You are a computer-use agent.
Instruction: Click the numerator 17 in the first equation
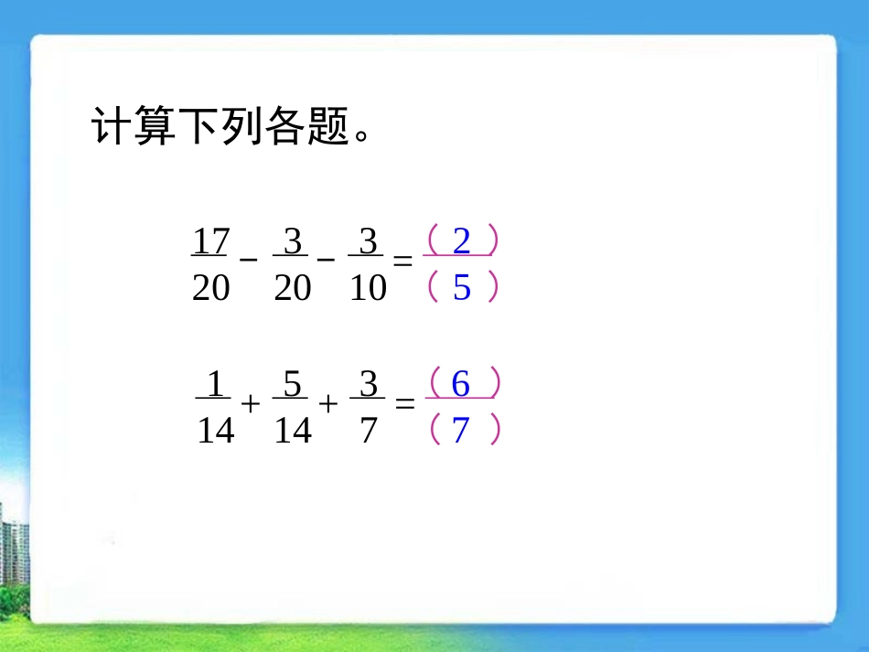210,242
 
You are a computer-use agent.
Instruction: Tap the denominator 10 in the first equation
368,289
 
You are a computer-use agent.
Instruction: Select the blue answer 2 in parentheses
461,241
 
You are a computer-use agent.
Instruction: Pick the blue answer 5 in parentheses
461,288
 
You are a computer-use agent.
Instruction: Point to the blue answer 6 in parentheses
461,385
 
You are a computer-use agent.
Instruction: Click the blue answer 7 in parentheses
461,429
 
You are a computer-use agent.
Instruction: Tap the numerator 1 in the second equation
215,386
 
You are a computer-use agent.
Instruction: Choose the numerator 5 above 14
292,386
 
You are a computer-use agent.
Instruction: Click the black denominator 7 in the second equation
368,430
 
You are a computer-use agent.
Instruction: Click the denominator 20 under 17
210,289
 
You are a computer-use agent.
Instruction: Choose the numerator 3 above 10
368,242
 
